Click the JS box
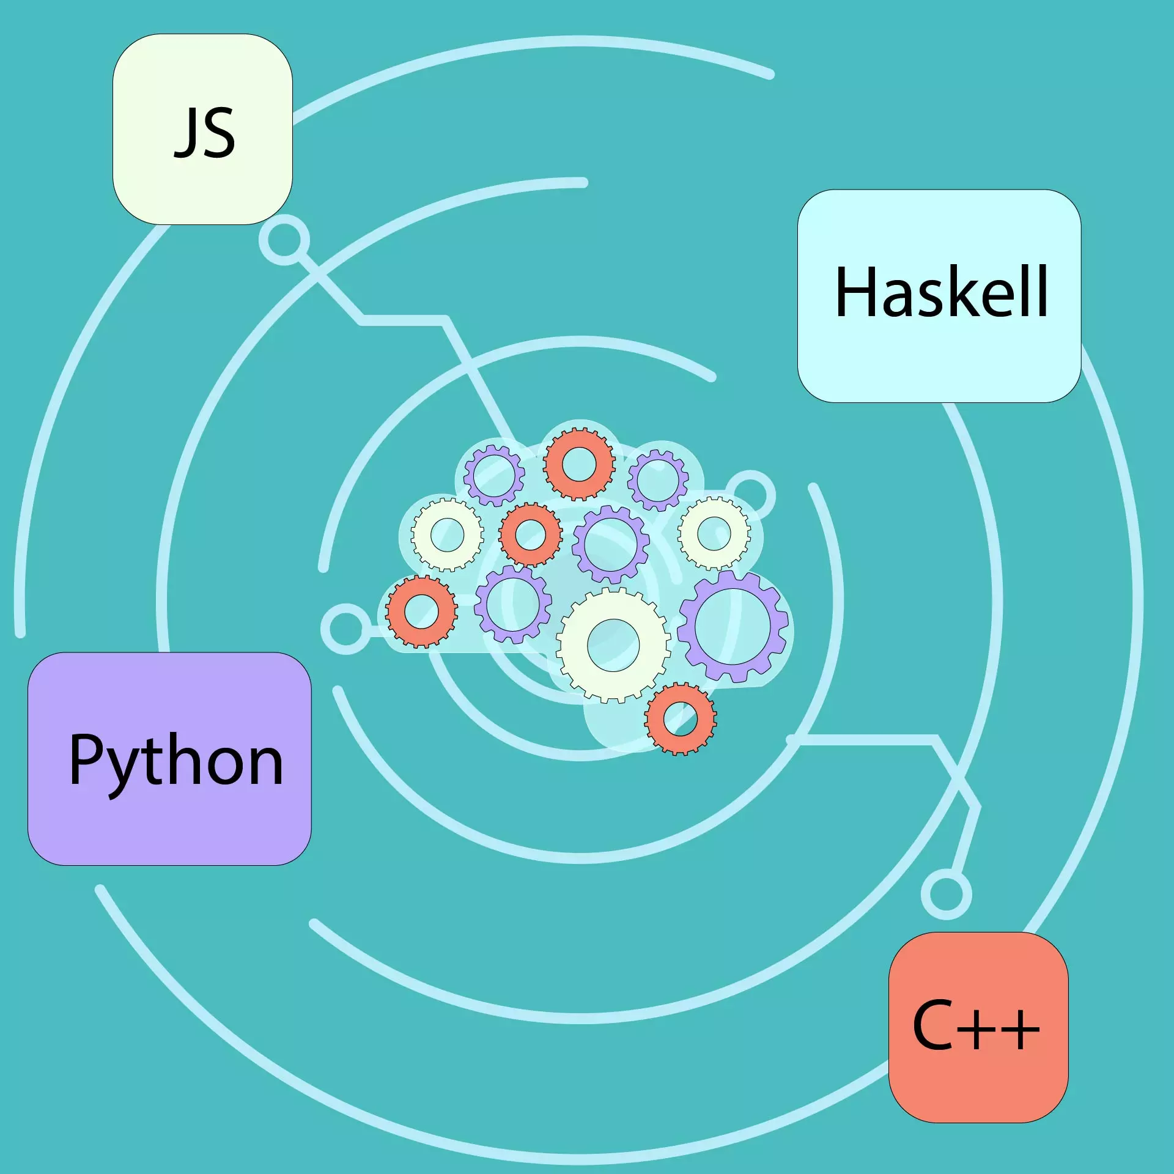click(x=202, y=129)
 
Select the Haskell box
click(x=939, y=296)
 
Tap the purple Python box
click(x=169, y=759)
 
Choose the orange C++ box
click(x=978, y=1027)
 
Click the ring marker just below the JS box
click(x=284, y=240)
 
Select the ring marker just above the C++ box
click(x=946, y=895)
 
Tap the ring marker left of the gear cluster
click(x=345, y=629)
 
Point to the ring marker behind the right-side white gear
click(x=751, y=495)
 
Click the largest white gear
click(x=613, y=645)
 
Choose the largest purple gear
click(x=733, y=626)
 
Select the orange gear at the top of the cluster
click(x=579, y=464)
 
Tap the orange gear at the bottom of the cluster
click(x=680, y=719)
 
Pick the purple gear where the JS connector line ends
click(x=493, y=476)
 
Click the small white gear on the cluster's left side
click(x=447, y=534)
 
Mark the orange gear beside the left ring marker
click(x=421, y=611)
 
